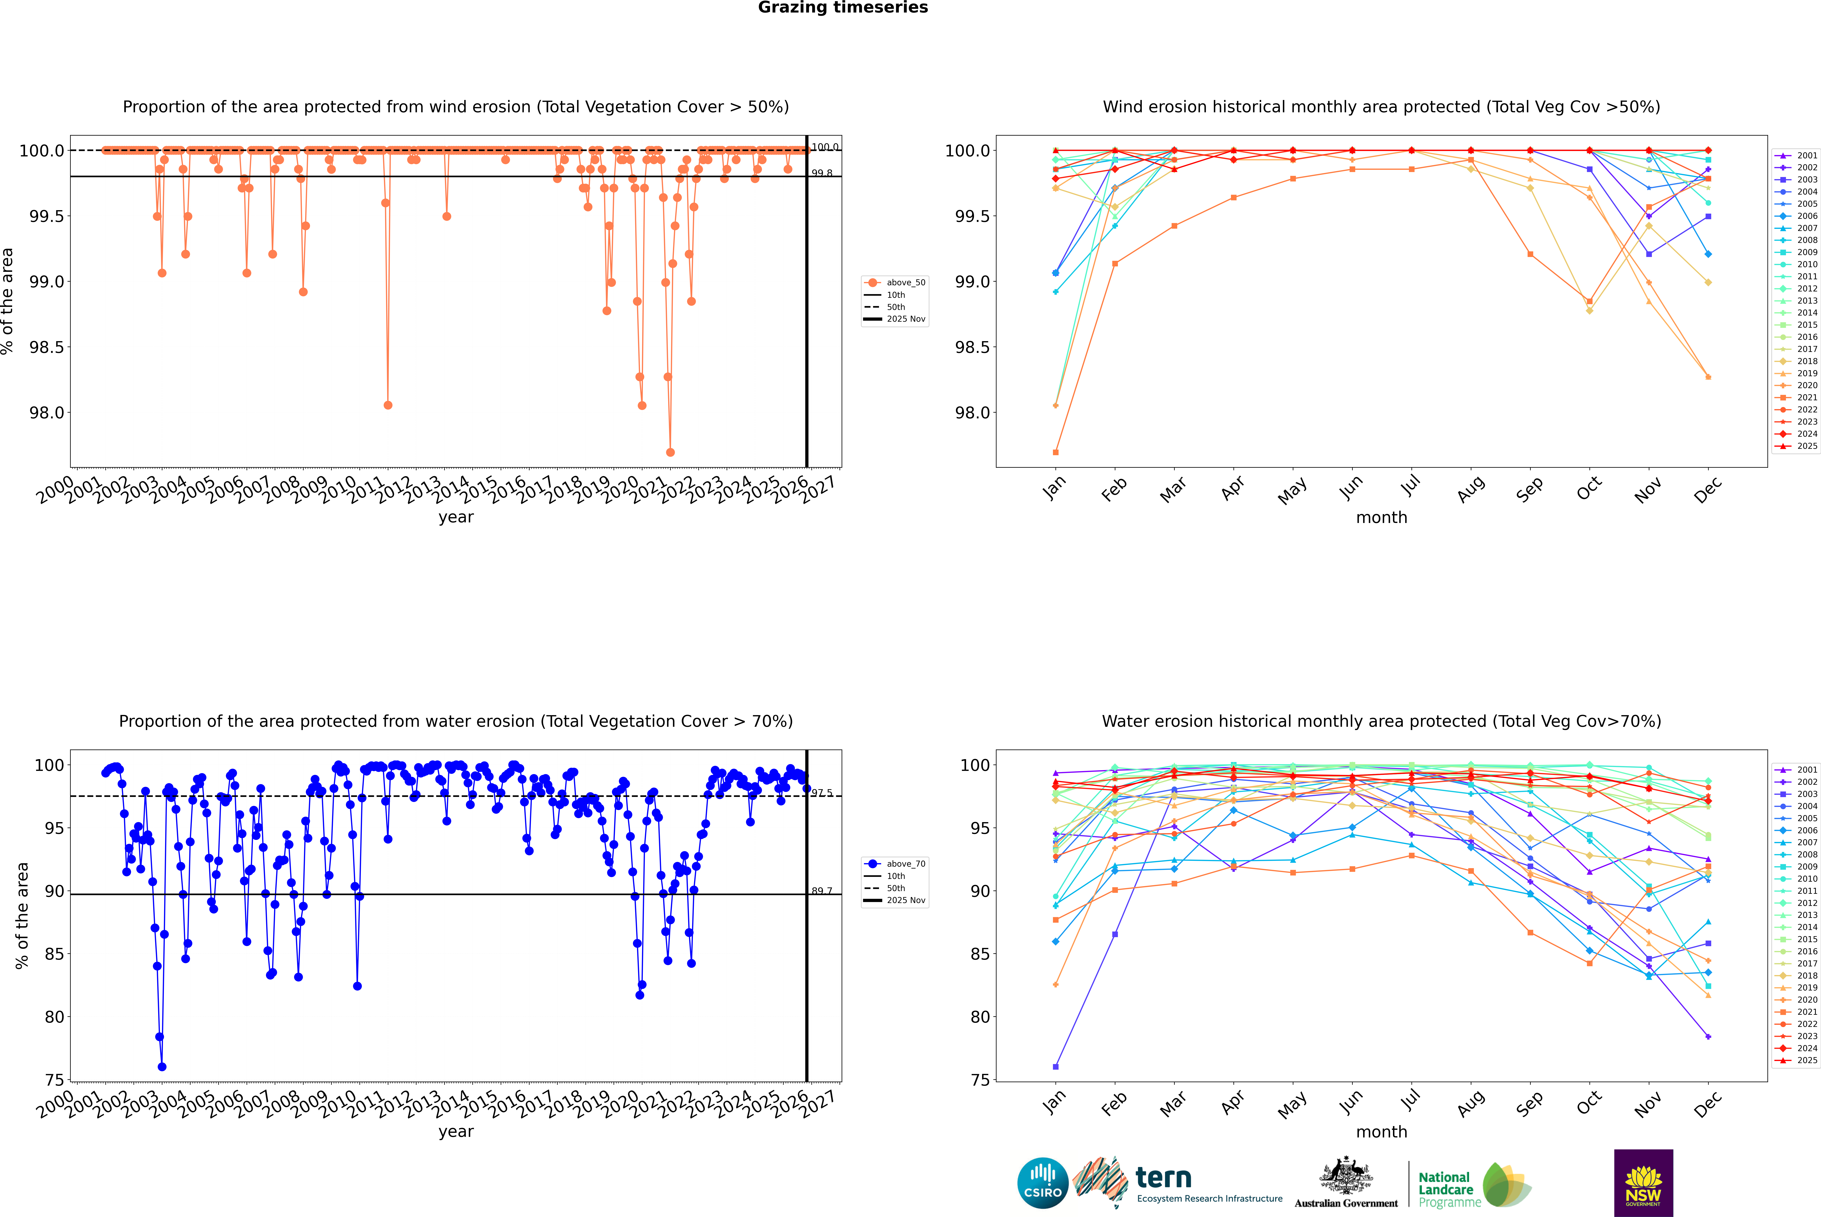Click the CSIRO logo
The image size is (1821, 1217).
pos(1043,1183)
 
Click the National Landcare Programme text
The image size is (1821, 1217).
pos(1445,1189)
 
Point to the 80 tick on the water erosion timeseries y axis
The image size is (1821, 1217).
pos(54,1017)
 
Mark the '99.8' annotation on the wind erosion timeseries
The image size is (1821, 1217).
pos(822,173)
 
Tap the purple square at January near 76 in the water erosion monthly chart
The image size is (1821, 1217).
pos(1056,1066)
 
